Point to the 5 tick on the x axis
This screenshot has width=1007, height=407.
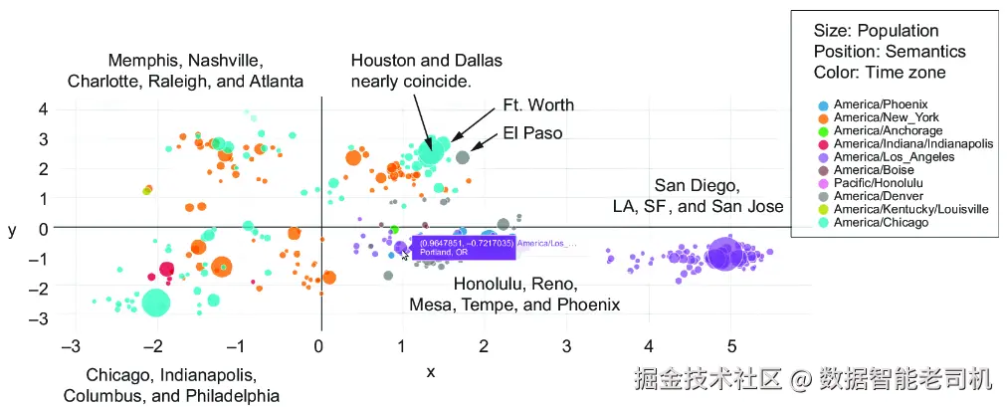730,345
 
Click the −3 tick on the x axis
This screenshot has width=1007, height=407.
70,345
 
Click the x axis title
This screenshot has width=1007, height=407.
430,372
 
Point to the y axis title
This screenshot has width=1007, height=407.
12,230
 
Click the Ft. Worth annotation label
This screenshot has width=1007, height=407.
538,105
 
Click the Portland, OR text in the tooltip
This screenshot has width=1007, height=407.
437,252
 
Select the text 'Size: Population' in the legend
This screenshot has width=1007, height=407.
876,31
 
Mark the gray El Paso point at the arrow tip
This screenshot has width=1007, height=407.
463,157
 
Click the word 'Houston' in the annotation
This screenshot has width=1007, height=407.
380,60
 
